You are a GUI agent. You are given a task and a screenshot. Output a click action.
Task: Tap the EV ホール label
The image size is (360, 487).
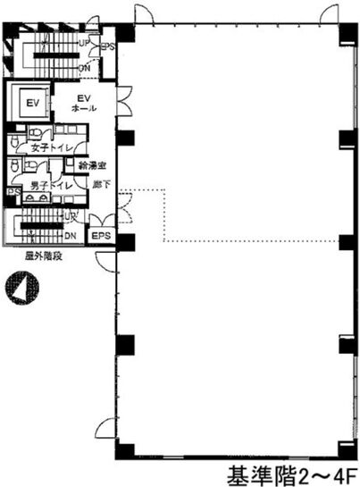click(x=85, y=105)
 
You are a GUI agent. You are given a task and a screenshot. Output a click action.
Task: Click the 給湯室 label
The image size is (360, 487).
click(x=92, y=165)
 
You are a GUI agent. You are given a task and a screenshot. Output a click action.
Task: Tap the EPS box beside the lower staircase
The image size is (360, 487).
click(x=98, y=235)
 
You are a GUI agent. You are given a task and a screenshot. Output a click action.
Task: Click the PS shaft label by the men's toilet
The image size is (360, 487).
click(x=13, y=191)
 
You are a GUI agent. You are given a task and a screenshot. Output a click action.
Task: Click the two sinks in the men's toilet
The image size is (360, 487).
click(x=24, y=203)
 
